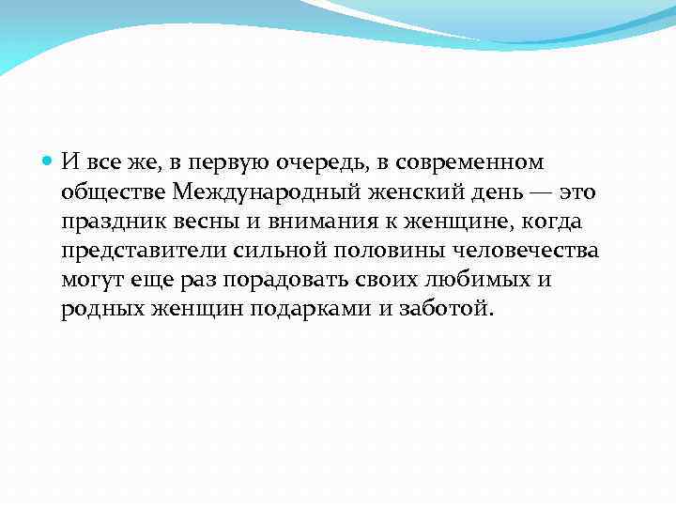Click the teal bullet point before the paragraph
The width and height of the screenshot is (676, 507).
tap(49, 162)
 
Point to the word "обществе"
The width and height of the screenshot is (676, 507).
tap(114, 192)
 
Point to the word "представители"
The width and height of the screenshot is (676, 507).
tap(148, 252)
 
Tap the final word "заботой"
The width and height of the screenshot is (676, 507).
tap(446, 311)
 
